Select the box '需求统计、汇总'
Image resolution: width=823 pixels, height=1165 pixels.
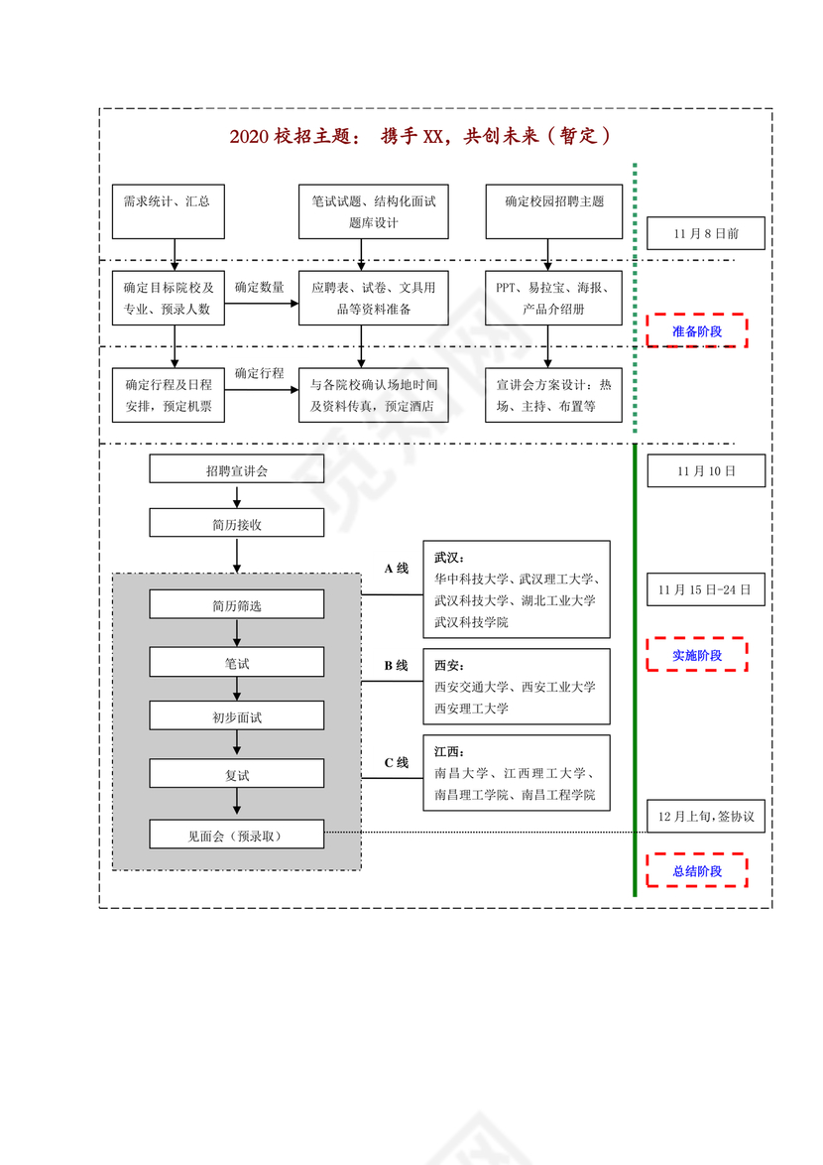click(175, 211)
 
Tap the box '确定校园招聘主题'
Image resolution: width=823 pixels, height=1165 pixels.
click(554, 211)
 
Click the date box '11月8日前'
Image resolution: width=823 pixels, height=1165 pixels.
click(705, 234)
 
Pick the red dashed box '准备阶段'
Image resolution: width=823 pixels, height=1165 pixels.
click(697, 331)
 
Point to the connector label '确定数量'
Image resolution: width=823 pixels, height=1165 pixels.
click(260, 287)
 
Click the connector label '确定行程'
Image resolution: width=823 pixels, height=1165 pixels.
click(260, 373)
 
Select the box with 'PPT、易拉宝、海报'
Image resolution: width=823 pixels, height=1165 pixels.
click(554, 298)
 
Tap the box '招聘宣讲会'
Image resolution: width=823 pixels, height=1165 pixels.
click(236, 469)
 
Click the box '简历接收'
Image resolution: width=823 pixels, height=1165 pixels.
click(236, 523)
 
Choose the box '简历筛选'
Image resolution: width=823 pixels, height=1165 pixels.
click(236, 604)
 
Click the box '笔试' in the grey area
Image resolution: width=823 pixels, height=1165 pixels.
click(236, 662)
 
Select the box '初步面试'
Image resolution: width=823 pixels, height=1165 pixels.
click(236, 716)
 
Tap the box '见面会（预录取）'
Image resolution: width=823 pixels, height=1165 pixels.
click(236, 835)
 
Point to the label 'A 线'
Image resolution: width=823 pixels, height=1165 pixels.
click(396, 569)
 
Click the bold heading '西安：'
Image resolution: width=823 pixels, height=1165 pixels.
click(449, 665)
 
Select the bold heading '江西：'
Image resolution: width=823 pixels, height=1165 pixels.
click(449, 751)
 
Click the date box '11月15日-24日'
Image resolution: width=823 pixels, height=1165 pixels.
click(705, 589)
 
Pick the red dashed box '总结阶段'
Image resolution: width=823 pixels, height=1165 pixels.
click(697, 871)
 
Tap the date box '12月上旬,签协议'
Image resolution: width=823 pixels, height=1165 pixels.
click(706, 816)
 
